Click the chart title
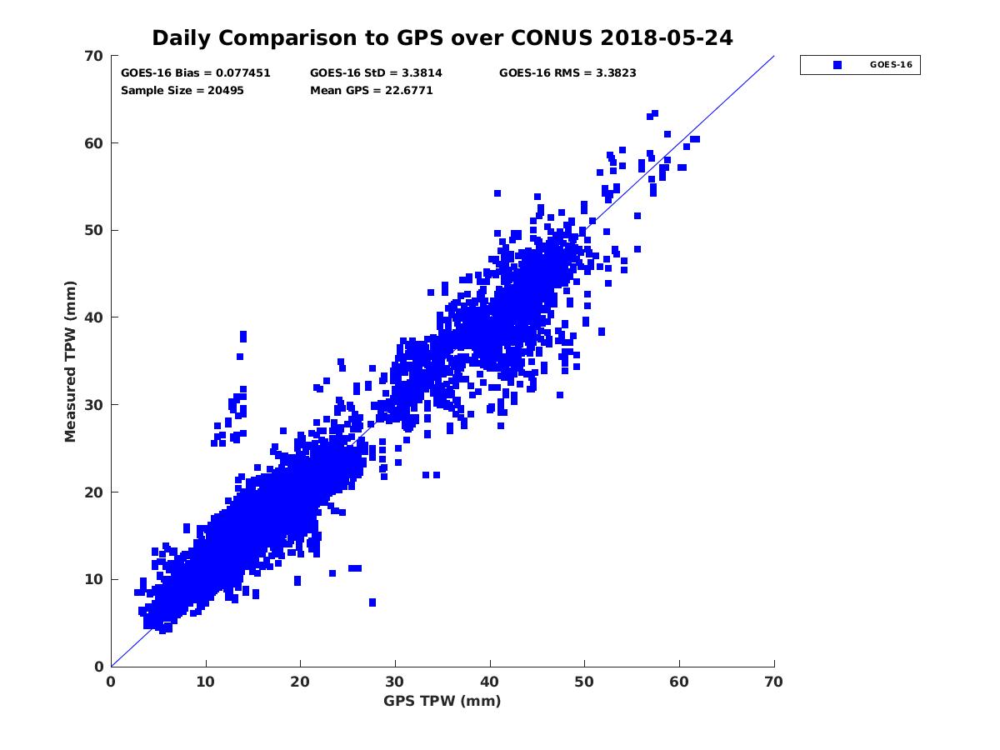point(442,38)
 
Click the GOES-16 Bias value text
point(196,73)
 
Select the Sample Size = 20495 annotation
point(182,91)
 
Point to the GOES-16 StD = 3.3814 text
point(376,73)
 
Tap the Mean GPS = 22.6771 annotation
point(372,91)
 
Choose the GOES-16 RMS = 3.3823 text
point(567,73)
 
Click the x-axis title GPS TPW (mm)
point(442,701)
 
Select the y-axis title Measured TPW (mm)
point(71,361)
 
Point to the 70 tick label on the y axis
point(94,56)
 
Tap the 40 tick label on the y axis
point(94,317)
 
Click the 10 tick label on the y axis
point(94,579)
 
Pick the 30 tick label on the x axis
point(395,682)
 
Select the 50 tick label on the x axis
point(585,682)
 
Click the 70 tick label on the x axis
point(774,682)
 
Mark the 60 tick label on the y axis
point(94,143)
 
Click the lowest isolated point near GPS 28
point(372,602)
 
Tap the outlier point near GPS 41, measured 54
point(497,193)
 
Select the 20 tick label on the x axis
point(300,682)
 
